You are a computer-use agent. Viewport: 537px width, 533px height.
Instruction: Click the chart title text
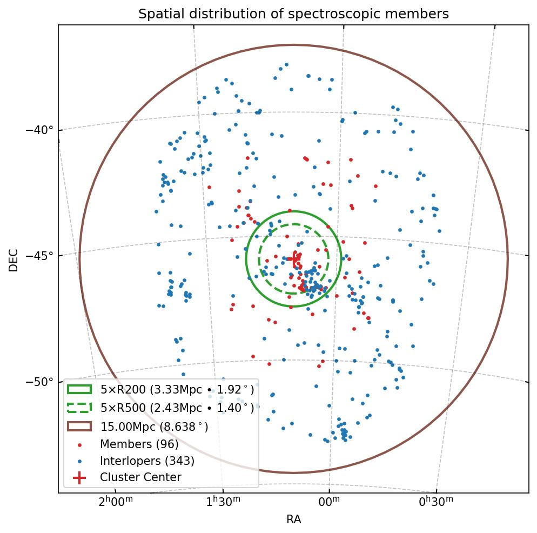tap(293, 14)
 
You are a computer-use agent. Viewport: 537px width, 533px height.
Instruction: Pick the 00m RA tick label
tap(329, 503)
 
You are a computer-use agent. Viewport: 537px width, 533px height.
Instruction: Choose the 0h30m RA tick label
tap(436, 503)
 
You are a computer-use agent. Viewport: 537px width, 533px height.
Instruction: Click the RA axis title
tap(293, 520)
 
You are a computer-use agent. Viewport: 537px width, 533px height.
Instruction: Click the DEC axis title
tap(14, 259)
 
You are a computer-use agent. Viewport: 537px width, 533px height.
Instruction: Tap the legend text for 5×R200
tap(177, 389)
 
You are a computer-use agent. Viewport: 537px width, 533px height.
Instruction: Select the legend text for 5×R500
tap(177, 408)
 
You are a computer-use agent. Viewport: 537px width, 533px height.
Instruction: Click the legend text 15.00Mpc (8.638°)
tap(154, 427)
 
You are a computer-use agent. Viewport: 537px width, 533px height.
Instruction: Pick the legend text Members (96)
tap(139, 444)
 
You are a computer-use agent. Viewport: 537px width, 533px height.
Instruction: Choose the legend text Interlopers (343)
tap(147, 461)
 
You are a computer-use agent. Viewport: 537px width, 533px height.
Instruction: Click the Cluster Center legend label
tap(140, 477)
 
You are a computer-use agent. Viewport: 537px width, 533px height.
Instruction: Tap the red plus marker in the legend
tap(79, 477)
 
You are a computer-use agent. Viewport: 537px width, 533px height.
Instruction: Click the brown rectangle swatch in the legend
tap(79, 426)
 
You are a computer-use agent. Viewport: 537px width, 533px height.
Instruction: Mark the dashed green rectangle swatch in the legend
tap(79, 407)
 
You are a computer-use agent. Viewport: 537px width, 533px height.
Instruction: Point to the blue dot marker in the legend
tap(79, 461)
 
